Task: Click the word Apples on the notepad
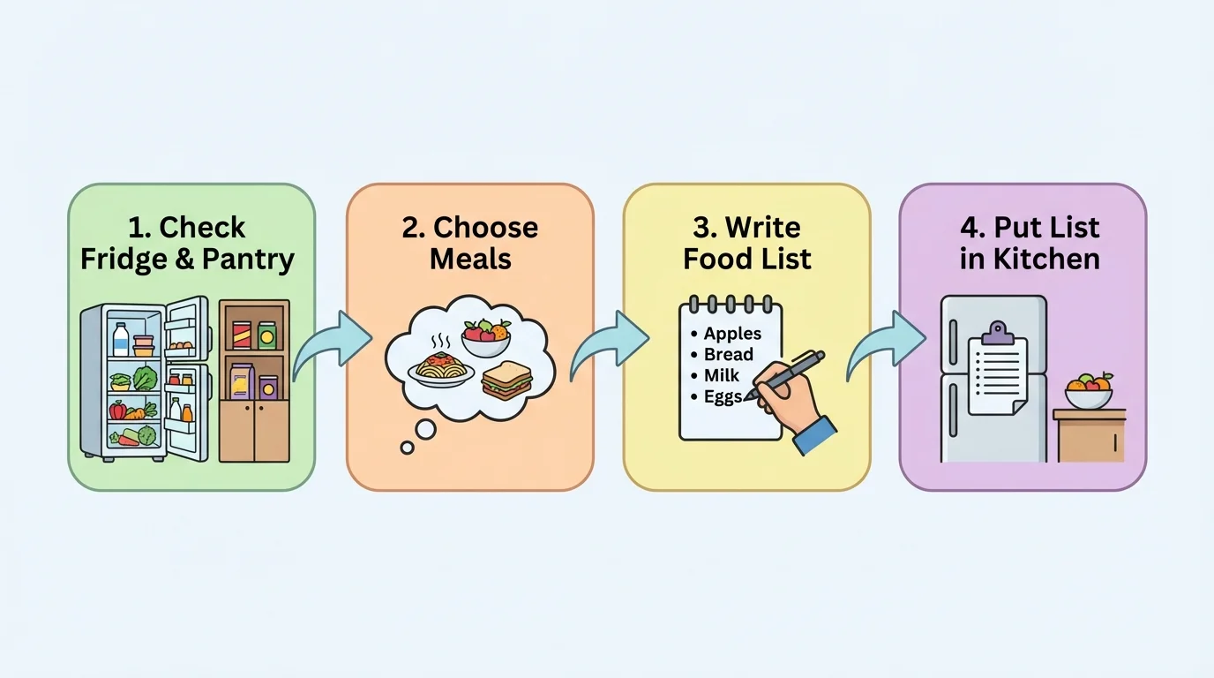732,335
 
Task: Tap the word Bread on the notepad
729,355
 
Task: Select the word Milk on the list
722,376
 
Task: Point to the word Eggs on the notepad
723,397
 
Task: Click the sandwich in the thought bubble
506,380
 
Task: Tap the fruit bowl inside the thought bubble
486,338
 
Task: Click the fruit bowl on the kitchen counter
1089,392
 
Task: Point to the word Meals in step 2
470,260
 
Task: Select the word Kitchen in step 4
1044,260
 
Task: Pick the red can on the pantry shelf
242,335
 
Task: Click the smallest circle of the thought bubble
408,448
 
